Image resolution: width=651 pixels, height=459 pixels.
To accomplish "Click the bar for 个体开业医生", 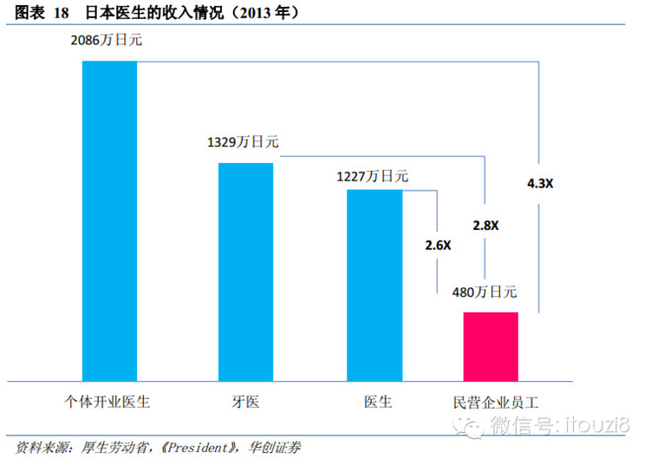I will (109, 220).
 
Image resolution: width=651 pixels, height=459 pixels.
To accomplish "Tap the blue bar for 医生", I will (375, 284).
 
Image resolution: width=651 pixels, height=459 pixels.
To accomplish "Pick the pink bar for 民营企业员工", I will (490, 345).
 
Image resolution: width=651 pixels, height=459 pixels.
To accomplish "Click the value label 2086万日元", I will (109, 42).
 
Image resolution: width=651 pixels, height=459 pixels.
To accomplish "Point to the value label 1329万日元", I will (243, 143).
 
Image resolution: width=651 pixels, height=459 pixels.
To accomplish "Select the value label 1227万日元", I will (373, 176).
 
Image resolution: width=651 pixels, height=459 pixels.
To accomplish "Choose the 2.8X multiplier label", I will (485, 225).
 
